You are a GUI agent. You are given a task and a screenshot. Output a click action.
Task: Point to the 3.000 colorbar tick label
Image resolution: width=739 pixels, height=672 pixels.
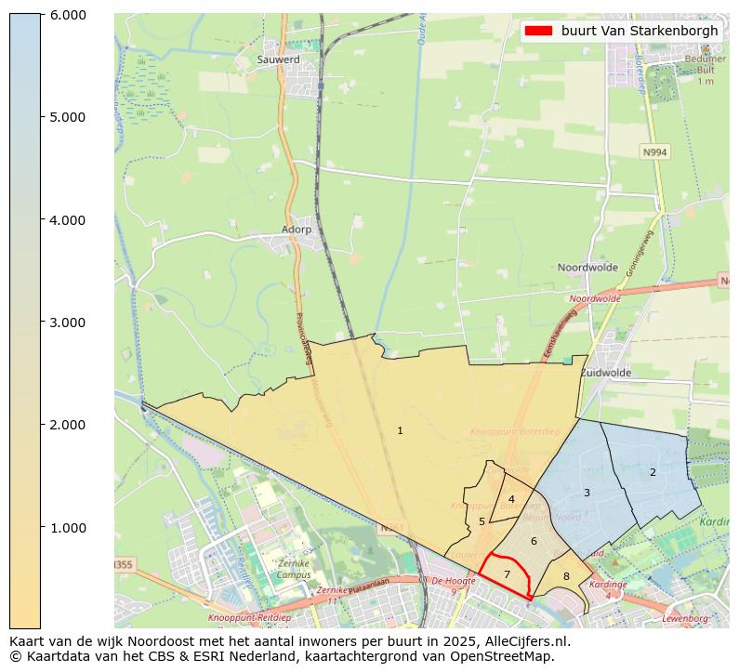click(x=67, y=323)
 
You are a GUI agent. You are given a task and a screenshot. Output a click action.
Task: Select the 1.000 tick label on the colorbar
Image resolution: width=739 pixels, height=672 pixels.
click(x=67, y=528)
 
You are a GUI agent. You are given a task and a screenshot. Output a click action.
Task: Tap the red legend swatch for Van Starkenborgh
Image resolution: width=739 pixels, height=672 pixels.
click(x=538, y=31)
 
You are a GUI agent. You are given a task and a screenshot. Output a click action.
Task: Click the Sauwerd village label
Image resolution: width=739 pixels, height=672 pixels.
click(x=278, y=59)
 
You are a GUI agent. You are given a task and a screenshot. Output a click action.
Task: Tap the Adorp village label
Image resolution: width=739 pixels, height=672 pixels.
click(x=297, y=229)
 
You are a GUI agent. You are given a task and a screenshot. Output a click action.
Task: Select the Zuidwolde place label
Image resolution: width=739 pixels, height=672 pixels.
click(x=605, y=373)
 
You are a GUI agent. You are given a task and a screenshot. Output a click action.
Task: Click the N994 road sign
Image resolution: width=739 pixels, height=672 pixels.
click(x=655, y=152)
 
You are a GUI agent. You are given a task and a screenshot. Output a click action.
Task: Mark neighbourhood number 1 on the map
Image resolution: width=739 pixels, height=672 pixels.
click(x=400, y=430)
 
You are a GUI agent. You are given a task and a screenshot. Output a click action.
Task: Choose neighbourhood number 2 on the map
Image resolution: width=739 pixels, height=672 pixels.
click(x=653, y=472)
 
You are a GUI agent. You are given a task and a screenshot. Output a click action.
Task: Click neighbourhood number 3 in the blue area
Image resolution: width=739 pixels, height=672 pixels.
click(x=587, y=493)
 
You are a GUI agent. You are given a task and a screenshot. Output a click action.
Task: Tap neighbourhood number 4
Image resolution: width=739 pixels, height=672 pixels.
click(x=511, y=499)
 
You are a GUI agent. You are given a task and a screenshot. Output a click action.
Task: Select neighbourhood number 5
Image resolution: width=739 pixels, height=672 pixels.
click(x=482, y=521)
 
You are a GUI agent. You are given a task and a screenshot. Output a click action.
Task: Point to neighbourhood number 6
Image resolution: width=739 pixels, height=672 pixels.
click(x=534, y=541)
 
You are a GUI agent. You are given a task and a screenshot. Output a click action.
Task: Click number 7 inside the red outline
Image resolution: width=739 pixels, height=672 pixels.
click(x=507, y=574)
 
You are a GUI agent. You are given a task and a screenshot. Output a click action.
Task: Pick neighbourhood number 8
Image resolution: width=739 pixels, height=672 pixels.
click(x=566, y=577)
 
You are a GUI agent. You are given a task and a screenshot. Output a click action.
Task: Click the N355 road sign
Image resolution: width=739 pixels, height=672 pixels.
click(x=123, y=565)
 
